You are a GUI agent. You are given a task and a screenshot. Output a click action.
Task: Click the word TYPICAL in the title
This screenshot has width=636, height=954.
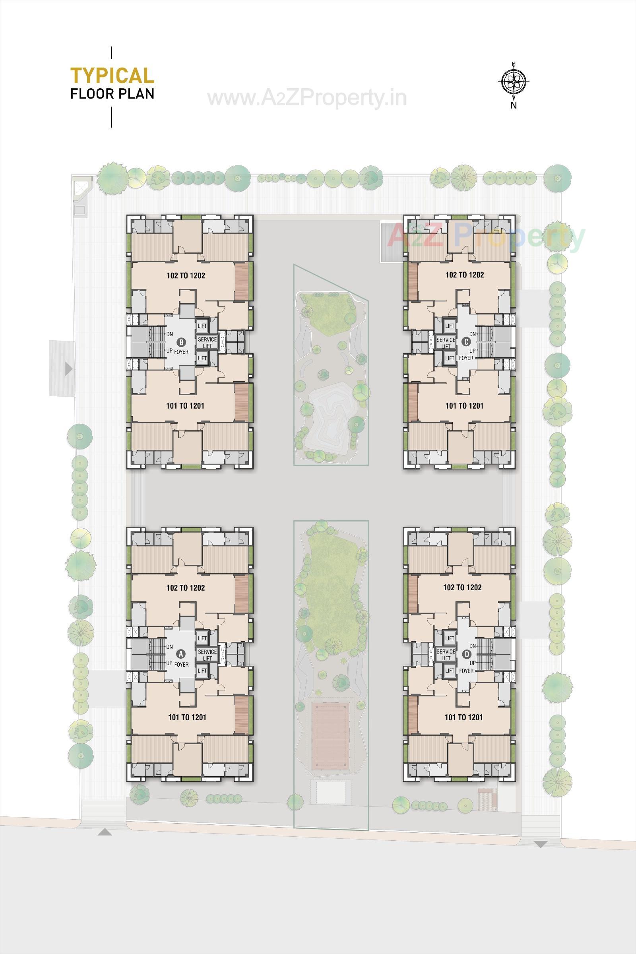[x=112, y=76]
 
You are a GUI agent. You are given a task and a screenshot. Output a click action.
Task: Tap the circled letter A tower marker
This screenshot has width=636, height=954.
[x=181, y=653]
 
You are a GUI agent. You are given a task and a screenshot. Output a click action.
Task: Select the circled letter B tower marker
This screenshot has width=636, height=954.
[x=181, y=342]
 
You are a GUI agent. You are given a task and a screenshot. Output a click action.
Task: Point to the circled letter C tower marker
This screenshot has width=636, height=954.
[x=467, y=341]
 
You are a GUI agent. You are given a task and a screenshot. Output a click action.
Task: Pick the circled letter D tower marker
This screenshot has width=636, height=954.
[x=467, y=654]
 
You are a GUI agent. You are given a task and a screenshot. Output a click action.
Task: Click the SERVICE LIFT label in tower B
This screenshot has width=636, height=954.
[x=207, y=342]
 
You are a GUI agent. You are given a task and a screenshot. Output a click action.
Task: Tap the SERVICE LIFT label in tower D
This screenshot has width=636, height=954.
[x=446, y=655]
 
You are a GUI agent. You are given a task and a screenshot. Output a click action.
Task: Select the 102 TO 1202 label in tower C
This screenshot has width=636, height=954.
[x=464, y=275]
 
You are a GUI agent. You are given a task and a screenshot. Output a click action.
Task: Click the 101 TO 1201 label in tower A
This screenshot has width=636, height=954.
[x=187, y=717]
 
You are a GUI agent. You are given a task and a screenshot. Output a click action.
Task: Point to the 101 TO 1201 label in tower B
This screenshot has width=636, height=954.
[x=185, y=405]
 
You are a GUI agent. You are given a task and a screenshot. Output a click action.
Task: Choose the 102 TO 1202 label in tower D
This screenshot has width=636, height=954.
[x=462, y=588]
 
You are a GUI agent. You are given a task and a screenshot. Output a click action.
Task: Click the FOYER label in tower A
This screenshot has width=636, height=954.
[x=181, y=664]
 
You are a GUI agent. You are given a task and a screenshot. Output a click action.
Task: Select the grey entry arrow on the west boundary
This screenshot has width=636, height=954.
[x=68, y=369]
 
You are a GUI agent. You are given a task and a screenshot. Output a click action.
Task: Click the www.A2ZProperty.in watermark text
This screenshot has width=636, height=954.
[x=306, y=98]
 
